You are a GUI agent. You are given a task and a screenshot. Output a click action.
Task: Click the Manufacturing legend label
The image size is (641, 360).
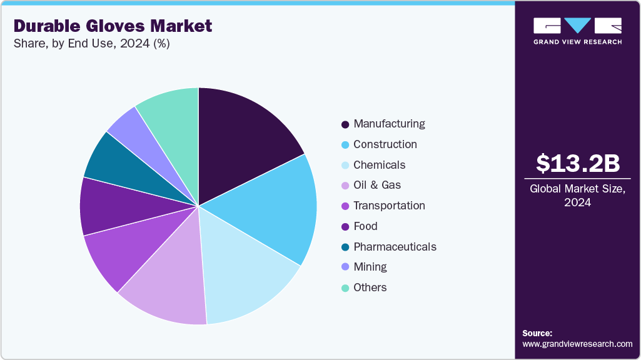[389, 124]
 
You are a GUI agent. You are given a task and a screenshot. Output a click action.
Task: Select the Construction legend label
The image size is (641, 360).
[385, 144]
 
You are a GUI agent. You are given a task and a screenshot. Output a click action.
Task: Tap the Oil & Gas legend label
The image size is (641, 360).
[377, 185]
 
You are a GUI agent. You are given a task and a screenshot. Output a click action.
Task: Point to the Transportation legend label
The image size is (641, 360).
[389, 206]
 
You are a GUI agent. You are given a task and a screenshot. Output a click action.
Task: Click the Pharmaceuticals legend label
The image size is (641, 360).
[395, 247]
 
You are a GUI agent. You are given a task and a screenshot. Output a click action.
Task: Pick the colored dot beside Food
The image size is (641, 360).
[345, 227]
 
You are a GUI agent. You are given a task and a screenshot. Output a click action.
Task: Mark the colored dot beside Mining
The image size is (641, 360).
[345, 267]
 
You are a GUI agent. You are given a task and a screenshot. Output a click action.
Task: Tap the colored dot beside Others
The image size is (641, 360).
[345, 288]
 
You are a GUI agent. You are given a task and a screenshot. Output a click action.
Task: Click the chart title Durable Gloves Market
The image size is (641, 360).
[113, 26]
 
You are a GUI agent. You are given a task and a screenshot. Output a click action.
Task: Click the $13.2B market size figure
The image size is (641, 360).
[578, 163]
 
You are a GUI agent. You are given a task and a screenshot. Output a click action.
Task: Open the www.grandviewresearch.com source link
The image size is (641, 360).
[577, 344]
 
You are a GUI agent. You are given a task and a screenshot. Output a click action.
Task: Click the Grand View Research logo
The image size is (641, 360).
[577, 31]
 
